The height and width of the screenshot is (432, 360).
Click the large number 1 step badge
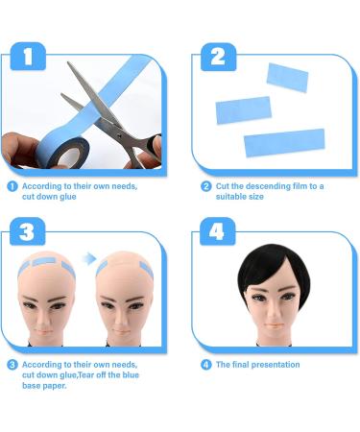tap(28, 56)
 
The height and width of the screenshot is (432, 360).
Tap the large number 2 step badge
tap(218, 57)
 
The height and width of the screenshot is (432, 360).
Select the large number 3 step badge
tap(28, 231)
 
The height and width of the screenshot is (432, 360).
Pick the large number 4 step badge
tap(218, 231)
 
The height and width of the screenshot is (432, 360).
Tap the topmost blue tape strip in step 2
tap(287, 78)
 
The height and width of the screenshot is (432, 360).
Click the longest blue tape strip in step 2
tap(284, 143)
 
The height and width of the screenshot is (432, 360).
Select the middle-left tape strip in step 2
tap(244, 110)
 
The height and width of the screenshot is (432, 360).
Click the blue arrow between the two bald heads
tap(89, 258)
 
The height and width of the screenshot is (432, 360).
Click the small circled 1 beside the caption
tap(12, 186)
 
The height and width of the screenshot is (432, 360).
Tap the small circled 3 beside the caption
tap(12, 365)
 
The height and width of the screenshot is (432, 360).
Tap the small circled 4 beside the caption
tap(205, 365)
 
